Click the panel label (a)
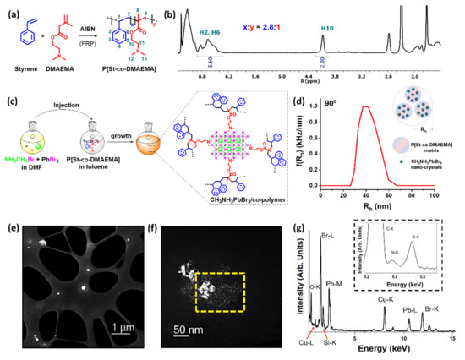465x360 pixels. pyautogui.click(x=10, y=11)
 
